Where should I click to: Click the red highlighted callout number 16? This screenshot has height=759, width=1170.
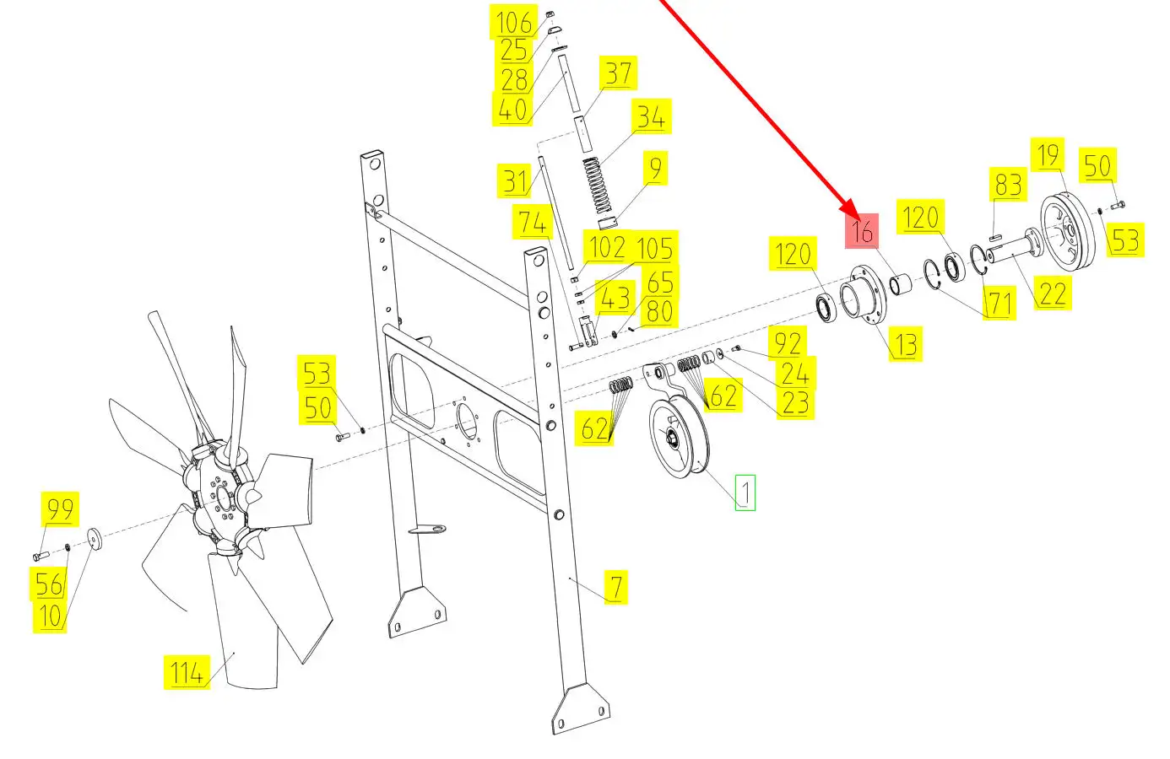pyautogui.click(x=862, y=230)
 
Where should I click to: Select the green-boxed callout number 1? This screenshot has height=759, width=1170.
pyautogui.click(x=745, y=493)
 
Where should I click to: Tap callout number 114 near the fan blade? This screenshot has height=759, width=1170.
pyautogui.click(x=187, y=672)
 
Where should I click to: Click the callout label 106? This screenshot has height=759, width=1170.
pyautogui.click(x=514, y=22)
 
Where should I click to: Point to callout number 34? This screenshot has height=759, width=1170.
pyautogui.click(x=652, y=116)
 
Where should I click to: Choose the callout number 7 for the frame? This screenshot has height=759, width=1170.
pyautogui.click(x=616, y=587)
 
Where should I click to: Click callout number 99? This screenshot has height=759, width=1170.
pyautogui.click(x=60, y=509)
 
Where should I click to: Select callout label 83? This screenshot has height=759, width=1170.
pyautogui.click(x=1008, y=184)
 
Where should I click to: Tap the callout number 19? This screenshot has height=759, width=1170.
pyautogui.click(x=1048, y=154)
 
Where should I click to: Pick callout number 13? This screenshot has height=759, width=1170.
pyautogui.click(x=906, y=344)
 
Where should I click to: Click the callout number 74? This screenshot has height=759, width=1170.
pyautogui.click(x=533, y=223)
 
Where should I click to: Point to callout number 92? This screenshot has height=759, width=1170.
pyautogui.click(x=788, y=343)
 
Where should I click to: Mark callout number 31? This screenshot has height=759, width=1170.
pyautogui.click(x=514, y=181)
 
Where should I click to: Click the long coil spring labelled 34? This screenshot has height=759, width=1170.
pyautogui.click(x=598, y=186)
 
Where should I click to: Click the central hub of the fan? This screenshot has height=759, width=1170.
pyautogui.click(x=223, y=496)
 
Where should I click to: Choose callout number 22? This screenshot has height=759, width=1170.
pyautogui.click(x=1053, y=293)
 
